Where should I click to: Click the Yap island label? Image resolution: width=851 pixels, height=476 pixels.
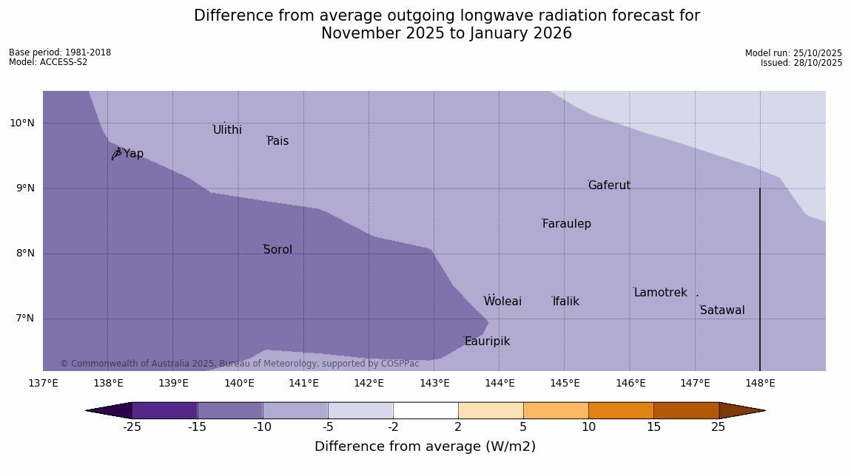coord(133,154)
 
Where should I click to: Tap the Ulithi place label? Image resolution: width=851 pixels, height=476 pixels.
coord(227,130)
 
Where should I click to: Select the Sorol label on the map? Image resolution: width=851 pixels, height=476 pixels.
coord(277,250)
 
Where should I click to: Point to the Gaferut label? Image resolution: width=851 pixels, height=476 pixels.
coord(609,186)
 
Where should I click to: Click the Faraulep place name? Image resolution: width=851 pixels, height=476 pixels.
coord(566,224)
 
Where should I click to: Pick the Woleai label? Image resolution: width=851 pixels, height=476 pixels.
coord(502,302)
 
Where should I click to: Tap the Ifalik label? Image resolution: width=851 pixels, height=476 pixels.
coord(565,302)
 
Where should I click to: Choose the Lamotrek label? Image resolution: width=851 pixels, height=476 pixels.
coord(660,293)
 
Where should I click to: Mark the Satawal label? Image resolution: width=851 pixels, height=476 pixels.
coord(722,310)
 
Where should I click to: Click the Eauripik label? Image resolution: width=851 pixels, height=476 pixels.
coord(487,341)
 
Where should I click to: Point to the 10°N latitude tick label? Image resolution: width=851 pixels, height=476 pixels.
coord(22,123)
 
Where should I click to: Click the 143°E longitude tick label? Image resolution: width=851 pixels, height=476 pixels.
coord(434,383)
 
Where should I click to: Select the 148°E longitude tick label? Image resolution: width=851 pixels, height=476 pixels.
coord(760,383)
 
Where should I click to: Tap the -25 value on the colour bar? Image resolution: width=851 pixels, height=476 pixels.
coord(132,426)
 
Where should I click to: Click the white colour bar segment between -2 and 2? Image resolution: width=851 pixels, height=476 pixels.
coord(425,410)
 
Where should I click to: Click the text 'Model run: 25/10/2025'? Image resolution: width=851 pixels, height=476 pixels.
coord(793,53)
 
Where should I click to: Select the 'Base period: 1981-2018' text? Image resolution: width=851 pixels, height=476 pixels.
coord(60,52)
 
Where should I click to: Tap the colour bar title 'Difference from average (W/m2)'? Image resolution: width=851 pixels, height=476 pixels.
coord(425,446)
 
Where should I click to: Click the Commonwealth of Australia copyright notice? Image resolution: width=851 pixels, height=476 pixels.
coord(239,364)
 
